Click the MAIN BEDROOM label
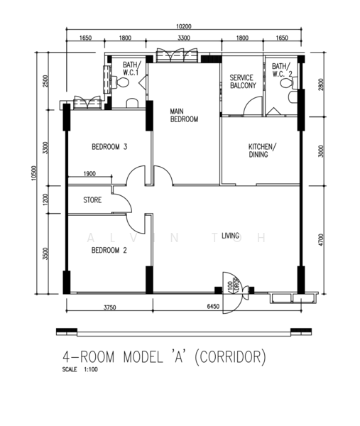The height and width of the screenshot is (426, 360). tap(183, 116)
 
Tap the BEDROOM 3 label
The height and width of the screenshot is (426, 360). tap(109, 148)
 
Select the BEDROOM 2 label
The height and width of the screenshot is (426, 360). tap(109, 251)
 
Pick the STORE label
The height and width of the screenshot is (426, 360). tap(93, 200)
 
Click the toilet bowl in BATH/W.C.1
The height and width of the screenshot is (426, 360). tap(124, 84)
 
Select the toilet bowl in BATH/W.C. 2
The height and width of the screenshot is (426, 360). tap(286, 83)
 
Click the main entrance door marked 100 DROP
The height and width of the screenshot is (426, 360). tap(231, 285)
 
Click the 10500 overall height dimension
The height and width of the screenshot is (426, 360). tap(33, 172)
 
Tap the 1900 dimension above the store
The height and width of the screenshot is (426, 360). tap(89, 174)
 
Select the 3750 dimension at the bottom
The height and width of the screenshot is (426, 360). tap(109, 307)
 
